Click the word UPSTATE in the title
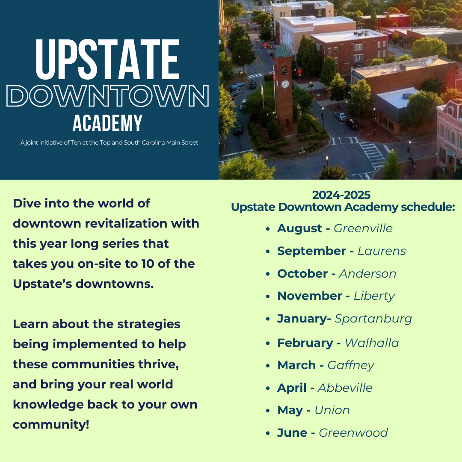click(x=107, y=59)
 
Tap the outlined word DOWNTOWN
click(x=107, y=96)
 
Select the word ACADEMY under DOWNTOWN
click(x=107, y=123)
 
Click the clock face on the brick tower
click(x=285, y=84)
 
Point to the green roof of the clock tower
click(x=282, y=50)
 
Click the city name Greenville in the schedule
click(x=363, y=228)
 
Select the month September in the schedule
click(x=311, y=251)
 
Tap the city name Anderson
click(x=367, y=274)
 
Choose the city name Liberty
click(x=374, y=296)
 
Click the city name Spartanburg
click(x=373, y=319)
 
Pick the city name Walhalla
click(x=372, y=343)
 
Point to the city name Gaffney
click(x=351, y=365)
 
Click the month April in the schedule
click(x=292, y=388)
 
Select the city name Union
click(x=332, y=410)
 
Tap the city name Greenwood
click(x=353, y=433)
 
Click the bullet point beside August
click(x=268, y=229)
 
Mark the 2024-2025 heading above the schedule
click(x=341, y=195)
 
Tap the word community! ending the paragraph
click(x=51, y=425)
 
